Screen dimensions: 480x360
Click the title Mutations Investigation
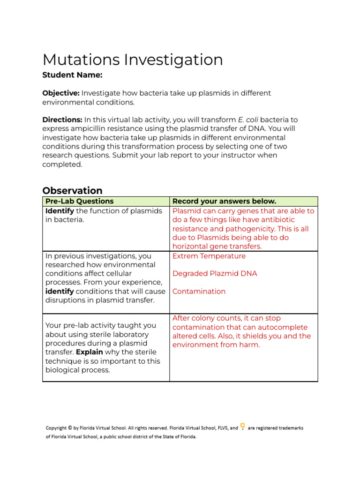pyautogui.click(x=133, y=60)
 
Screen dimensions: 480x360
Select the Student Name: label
pyautogui.click(x=72, y=75)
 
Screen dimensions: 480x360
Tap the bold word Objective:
pyautogui.click(x=61, y=93)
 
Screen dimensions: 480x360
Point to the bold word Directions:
pyautogui.click(x=62, y=120)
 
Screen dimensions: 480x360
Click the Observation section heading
pyautogui.click(x=72, y=191)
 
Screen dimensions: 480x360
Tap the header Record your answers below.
pyautogui.click(x=224, y=202)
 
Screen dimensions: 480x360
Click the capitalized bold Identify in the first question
pyautogui.click(x=60, y=211)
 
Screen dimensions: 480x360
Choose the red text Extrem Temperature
pyautogui.click(x=209, y=256)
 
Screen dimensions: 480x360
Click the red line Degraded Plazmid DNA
pyautogui.click(x=215, y=273)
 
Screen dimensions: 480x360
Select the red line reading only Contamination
pyautogui.click(x=199, y=291)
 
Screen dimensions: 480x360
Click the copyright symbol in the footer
pyautogui.click(x=70, y=427)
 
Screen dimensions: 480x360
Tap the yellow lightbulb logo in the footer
pyautogui.click(x=242, y=427)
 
